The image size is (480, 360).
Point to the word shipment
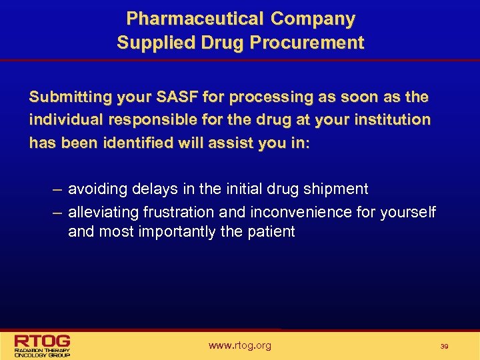337,189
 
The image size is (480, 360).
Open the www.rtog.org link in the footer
239,345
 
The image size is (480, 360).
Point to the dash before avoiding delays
57,189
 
